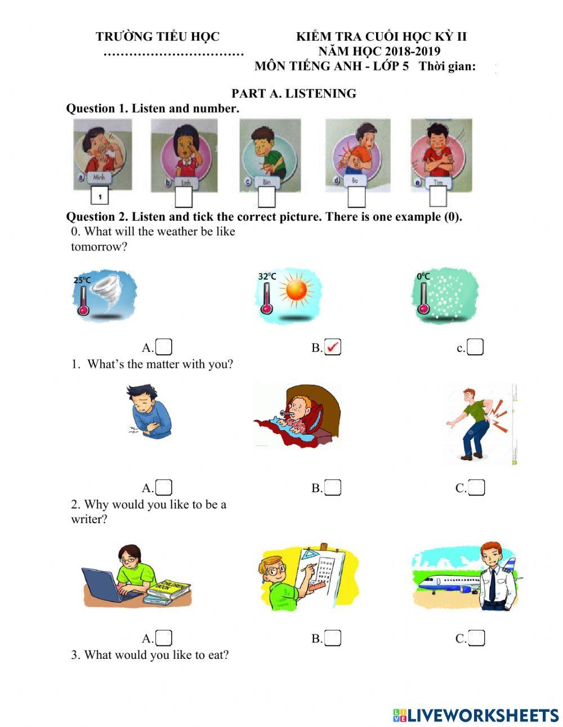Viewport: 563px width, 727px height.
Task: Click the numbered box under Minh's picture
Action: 99,197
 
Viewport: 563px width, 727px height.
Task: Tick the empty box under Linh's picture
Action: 184,197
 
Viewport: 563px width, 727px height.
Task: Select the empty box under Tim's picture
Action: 437,197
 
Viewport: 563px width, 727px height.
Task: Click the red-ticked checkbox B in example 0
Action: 333,347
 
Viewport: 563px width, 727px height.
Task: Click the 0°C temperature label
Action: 423,276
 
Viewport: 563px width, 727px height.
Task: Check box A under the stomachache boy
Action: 164,487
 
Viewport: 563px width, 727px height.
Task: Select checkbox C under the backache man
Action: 476,487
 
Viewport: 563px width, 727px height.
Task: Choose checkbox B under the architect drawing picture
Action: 333,638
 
